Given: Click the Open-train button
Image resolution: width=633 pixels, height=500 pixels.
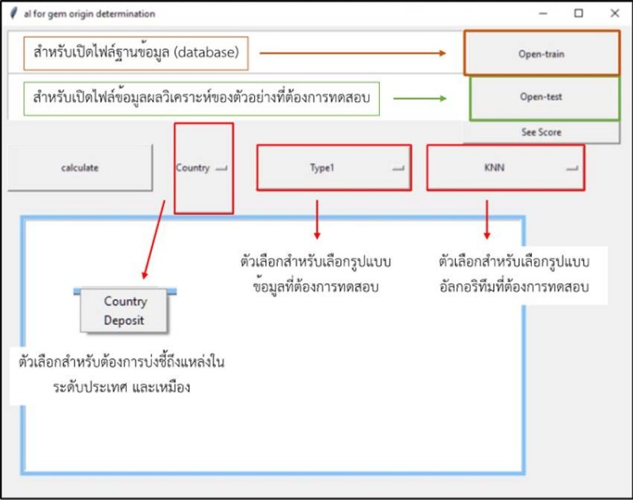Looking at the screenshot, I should (541, 55).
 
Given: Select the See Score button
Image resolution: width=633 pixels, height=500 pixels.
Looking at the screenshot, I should (541, 132).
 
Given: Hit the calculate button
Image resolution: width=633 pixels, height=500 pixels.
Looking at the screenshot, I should (80, 168).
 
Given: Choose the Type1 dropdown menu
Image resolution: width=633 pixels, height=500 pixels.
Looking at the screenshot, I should (333, 168).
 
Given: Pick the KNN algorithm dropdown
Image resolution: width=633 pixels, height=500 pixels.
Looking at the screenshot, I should (505, 168).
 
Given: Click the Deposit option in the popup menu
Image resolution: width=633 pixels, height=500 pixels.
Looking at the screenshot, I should (125, 320).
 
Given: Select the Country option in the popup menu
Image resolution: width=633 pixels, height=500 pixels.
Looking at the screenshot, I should (125, 301).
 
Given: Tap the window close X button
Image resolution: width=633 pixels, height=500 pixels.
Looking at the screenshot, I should (615, 13).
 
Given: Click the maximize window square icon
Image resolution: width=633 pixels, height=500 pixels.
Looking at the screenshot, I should (578, 13).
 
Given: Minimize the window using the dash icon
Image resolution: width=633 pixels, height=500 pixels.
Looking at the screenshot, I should (543, 13).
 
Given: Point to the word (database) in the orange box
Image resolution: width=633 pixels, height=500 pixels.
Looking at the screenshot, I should (205, 53).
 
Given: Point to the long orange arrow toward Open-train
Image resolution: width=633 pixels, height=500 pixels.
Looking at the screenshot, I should (353, 53).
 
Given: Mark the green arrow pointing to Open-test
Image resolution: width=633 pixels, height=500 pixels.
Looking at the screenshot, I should (420, 98).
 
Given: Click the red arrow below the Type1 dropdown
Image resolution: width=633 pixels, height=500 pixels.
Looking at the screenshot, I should (317, 219).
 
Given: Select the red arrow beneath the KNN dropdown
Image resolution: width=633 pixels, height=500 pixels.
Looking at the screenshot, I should (487, 219).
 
